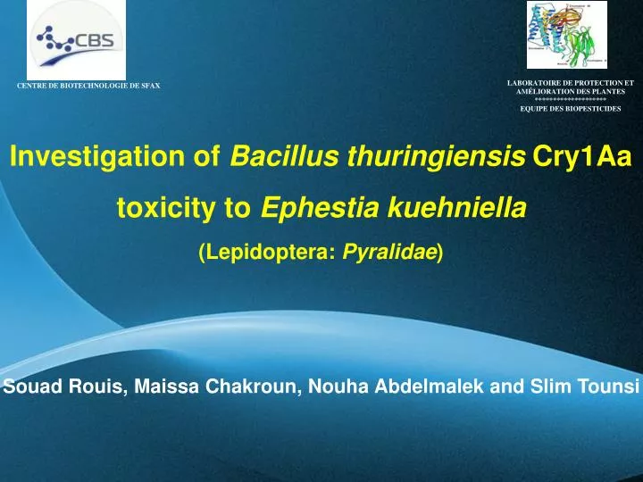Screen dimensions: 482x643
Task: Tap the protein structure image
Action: [x=566, y=36]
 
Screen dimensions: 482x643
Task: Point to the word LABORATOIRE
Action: [x=534, y=82]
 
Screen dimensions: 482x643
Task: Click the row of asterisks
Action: [x=570, y=99]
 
